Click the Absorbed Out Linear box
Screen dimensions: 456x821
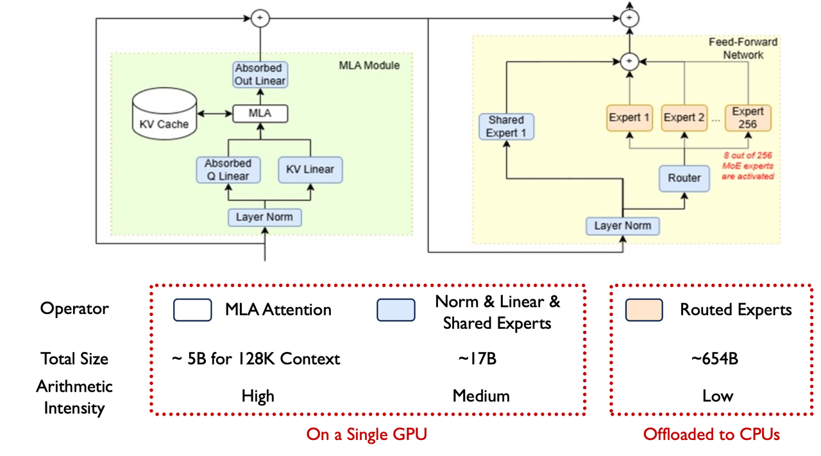pos(260,75)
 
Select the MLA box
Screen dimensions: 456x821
pos(260,114)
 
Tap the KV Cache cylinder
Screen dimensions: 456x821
pos(164,114)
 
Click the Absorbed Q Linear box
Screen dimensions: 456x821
pos(228,170)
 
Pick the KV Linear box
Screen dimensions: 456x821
pos(310,170)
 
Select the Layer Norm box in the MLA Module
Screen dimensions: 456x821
pos(265,217)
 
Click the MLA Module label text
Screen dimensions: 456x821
pos(369,66)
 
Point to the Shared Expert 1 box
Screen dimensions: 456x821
pos(506,127)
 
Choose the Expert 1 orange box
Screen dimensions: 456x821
pos(629,118)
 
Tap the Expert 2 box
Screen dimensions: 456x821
pos(684,118)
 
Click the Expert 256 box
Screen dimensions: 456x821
pos(748,118)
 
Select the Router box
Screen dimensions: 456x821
pos(684,178)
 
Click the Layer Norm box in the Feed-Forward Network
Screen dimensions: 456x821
pos(623,226)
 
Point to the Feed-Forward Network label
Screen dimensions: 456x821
pos(743,48)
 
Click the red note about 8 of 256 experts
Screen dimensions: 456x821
pos(748,166)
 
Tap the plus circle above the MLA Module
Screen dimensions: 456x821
pos(260,18)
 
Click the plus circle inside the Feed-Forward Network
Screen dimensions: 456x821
pos(630,61)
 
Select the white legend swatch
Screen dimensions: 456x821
pos(192,310)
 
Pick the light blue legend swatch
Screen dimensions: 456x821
pos(396,310)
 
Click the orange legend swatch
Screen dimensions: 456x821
pos(644,310)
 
